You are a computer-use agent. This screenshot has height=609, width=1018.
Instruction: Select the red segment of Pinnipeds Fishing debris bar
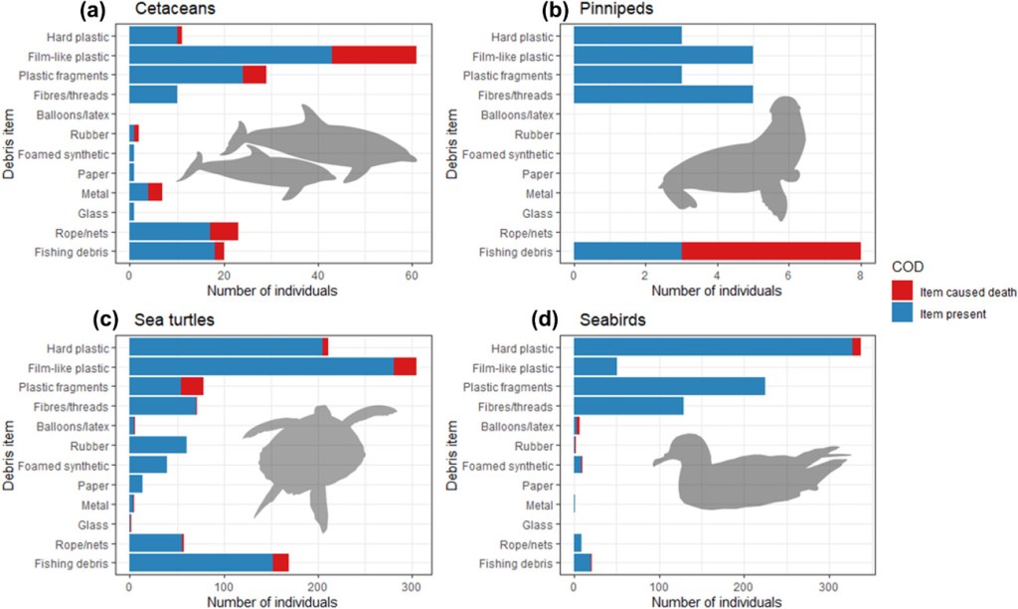[770, 252]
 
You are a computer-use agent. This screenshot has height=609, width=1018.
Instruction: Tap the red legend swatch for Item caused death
[904, 287]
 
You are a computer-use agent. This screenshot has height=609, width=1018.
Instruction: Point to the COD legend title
[907, 266]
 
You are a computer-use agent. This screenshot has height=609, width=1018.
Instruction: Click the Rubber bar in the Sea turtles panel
[158, 445]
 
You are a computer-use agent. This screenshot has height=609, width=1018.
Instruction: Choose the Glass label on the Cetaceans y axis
[108, 213]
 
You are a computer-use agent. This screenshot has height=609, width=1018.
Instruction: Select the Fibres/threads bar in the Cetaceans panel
[153, 95]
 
